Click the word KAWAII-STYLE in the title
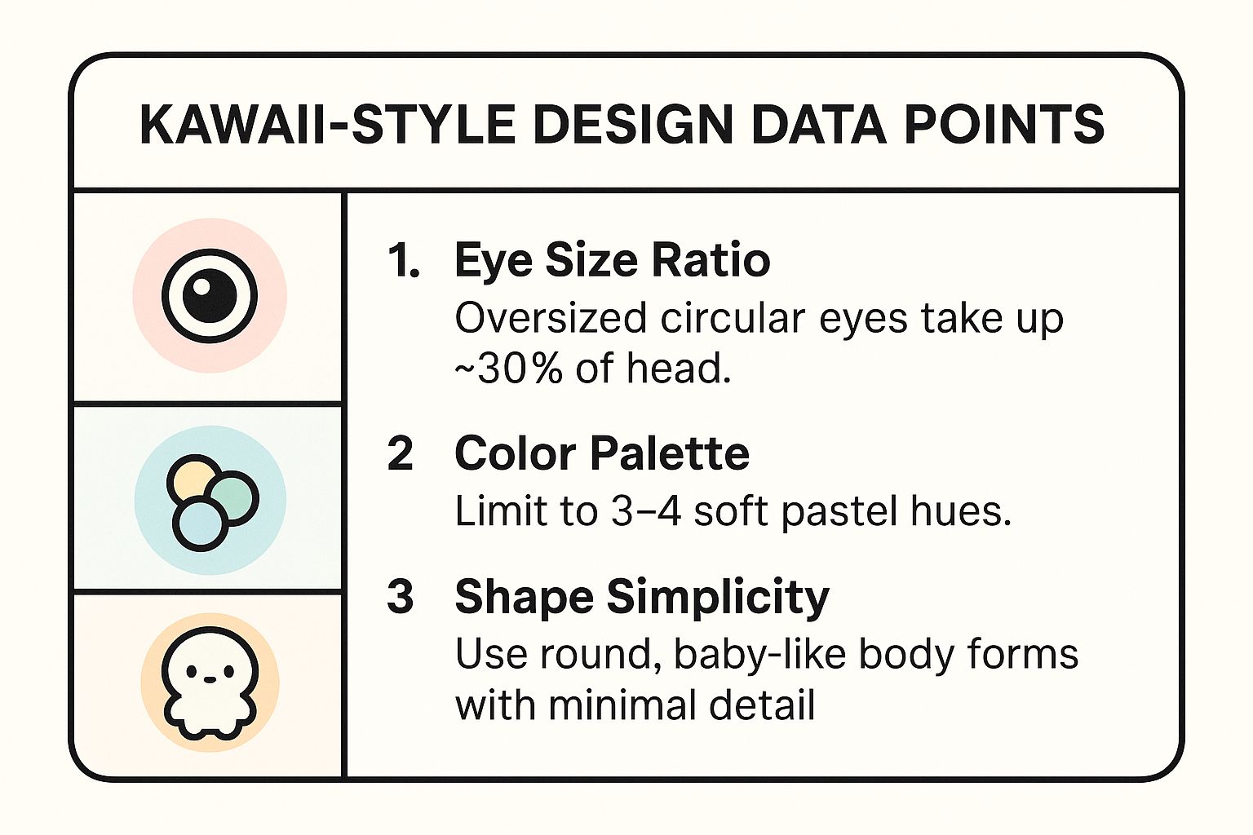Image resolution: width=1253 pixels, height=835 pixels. [x=327, y=125]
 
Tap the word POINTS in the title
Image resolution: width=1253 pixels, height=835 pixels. [x=1004, y=125]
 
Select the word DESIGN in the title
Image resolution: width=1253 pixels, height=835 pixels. [x=633, y=125]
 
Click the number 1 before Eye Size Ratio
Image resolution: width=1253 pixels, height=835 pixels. [x=403, y=260]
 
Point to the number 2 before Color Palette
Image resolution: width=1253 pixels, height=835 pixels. [x=401, y=453]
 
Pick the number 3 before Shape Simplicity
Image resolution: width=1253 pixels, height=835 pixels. [x=401, y=596]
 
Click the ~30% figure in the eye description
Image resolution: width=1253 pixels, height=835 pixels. [x=508, y=369]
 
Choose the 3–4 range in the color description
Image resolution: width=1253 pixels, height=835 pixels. [x=646, y=511]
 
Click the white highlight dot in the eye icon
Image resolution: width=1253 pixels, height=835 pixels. [x=201, y=285]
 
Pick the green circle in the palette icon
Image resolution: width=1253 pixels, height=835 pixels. [x=234, y=497]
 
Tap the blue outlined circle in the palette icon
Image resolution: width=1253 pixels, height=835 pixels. [x=200, y=524]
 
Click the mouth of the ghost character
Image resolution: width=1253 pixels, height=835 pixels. [x=209, y=679]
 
